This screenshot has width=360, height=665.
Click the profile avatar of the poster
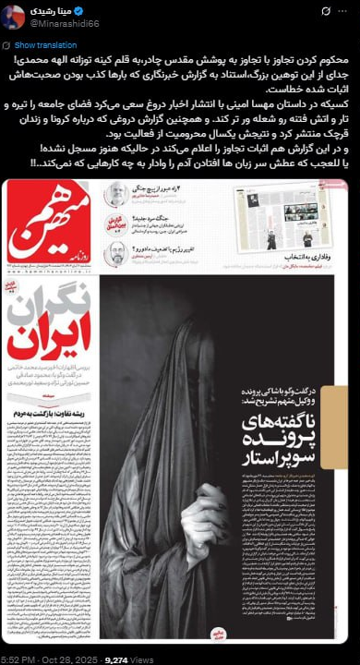point(13,16)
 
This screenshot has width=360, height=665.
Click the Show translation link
point(45,44)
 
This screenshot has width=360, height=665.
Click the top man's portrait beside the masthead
point(116,194)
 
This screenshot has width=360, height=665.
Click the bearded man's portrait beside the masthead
point(117,250)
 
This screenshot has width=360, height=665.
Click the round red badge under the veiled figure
point(219,632)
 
